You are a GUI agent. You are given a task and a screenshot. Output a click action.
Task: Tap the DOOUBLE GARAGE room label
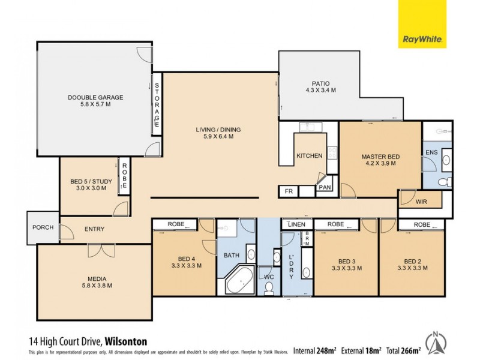click(95, 100)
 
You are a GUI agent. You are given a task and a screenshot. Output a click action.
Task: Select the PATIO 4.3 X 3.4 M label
click(320, 86)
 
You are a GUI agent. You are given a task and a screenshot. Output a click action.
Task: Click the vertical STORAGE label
click(157, 103)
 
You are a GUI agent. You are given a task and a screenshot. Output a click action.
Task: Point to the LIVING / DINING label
click(214, 133)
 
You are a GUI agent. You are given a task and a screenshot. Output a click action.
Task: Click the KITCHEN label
click(310, 156)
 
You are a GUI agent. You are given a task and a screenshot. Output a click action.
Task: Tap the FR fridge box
click(288, 191)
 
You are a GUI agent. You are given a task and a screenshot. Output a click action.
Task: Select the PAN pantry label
click(325, 188)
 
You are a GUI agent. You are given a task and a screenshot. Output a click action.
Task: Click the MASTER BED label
click(380, 160)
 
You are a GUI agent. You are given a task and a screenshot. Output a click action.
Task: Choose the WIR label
click(422, 202)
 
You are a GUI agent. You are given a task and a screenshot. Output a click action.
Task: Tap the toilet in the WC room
click(269, 289)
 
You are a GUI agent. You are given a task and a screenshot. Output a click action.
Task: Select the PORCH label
click(43, 227)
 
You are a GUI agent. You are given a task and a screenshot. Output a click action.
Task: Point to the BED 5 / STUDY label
click(88, 184)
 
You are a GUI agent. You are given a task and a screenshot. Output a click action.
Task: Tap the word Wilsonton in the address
click(126, 341)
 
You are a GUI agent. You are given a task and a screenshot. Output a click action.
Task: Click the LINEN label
click(296, 224)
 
